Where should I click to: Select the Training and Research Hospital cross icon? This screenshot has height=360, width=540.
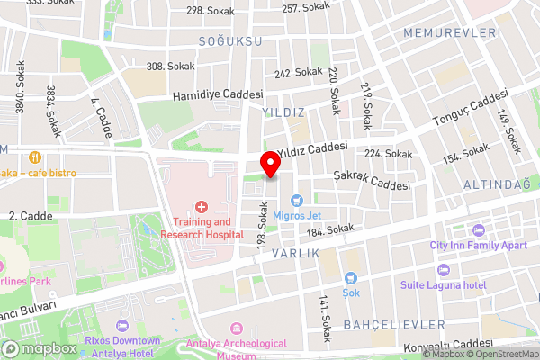point(202,207)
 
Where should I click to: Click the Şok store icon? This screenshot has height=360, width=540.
point(350,278)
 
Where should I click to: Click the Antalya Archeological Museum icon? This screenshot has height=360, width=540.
point(237,330)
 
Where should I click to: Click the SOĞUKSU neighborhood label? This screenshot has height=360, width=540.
point(229,42)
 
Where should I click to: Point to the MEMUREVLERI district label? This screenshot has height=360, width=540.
point(452,32)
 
